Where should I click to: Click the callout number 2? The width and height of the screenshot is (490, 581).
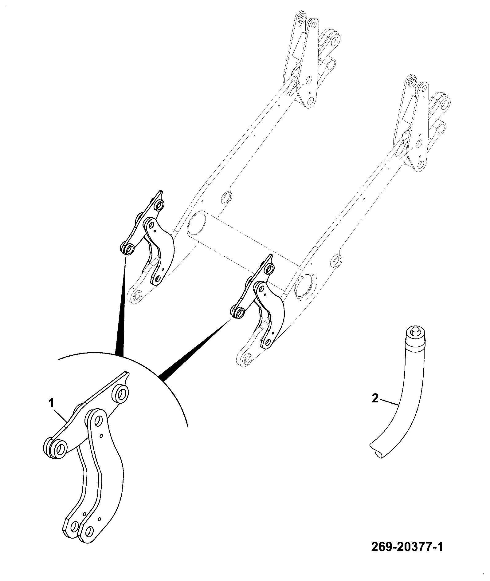(x=375, y=399)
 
